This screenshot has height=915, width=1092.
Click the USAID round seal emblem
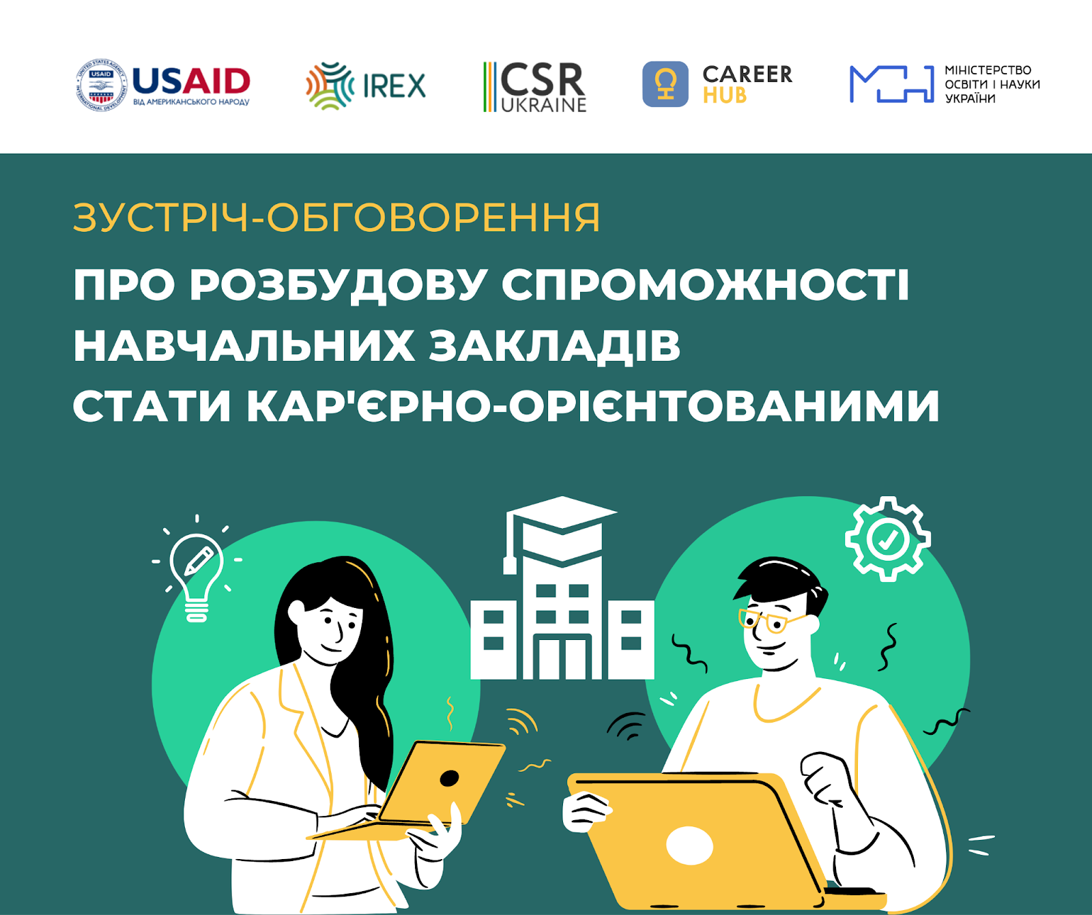click(101, 85)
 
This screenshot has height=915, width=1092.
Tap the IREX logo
click(366, 86)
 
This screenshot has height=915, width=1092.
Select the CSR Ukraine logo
click(535, 87)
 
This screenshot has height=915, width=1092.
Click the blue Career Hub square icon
click(665, 84)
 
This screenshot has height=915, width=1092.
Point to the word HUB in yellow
click(725, 96)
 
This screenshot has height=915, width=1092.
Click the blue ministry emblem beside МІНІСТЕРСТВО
click(891, 84)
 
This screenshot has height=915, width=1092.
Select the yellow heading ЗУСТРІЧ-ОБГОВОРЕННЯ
click(336, 218)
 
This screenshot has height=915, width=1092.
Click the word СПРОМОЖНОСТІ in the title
click(706, 284)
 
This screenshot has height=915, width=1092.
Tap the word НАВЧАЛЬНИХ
click(244, 345)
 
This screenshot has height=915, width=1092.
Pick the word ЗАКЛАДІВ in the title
click(555, 346)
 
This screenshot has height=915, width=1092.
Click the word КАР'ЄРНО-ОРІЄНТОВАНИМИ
click(593, 405)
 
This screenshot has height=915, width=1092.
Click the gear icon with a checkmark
click(887, 539)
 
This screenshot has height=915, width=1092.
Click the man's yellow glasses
click(771, 622)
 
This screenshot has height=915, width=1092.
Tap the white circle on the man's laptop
click(689, 846)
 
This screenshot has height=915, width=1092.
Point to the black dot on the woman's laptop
click(449, 778)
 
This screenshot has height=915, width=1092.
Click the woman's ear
click(296, 612)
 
